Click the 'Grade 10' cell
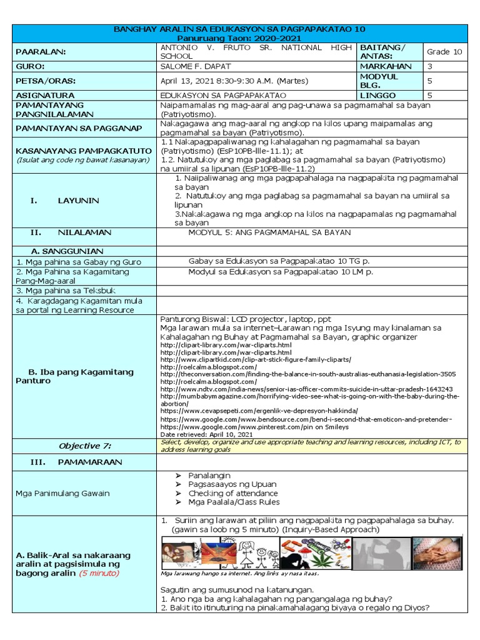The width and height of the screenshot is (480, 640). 444,52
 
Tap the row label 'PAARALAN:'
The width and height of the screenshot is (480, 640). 41,52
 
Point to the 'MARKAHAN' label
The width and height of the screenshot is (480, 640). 386,66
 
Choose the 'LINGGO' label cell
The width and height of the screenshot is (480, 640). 378,95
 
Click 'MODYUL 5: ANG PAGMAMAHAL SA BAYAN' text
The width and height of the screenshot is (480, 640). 269,232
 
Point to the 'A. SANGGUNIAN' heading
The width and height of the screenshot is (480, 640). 57,250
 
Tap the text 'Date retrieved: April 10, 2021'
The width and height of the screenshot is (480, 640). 206,433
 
